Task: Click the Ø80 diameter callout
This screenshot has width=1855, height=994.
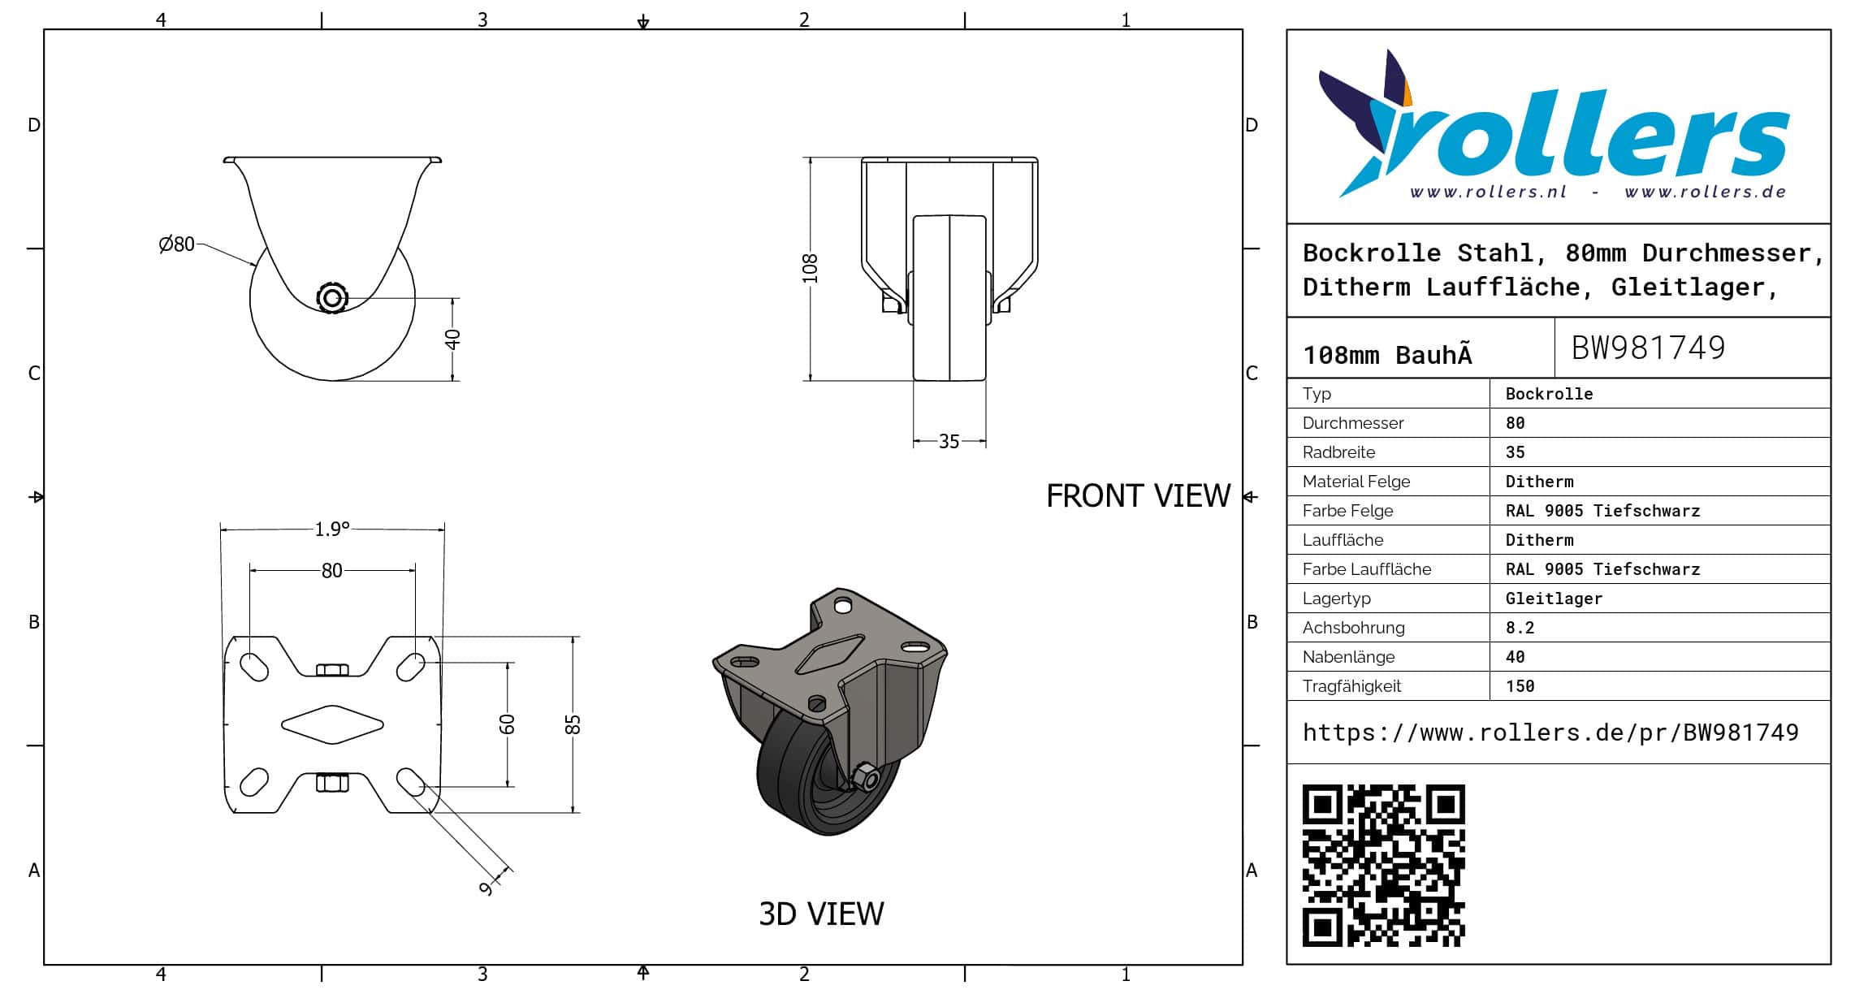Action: (x=176, y=244)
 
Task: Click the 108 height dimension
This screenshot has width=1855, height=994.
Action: (x=810, y=269)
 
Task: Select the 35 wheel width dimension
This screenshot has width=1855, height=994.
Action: (x=949, y=442)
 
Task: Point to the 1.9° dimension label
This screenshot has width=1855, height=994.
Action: (x=332, y=529)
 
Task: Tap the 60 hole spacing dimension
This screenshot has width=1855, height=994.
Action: (x=507, y=724)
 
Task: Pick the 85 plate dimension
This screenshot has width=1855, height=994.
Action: (x=573, y=724)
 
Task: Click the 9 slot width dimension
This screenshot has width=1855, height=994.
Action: (x=486, y=888)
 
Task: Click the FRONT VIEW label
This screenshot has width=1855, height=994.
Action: (x=1138, y=496)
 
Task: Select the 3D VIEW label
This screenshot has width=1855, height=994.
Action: (x=821, y=914)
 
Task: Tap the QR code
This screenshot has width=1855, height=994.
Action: (x=1383, y=866)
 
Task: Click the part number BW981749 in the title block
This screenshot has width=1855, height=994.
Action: (x=1648, y=348)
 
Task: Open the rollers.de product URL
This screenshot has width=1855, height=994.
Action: (x=1550, y=733)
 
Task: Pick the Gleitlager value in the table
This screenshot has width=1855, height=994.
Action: (x=1554, y=599)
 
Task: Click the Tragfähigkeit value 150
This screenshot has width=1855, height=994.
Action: (x=1520, y=686)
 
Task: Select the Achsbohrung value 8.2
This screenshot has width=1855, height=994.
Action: (x=1520, y=628)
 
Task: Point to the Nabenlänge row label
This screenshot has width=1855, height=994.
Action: (x=1348, y=657)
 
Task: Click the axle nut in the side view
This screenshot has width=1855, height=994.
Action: (x=331, y=298)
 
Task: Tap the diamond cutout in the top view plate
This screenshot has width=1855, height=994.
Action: (x=332, y=724)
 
